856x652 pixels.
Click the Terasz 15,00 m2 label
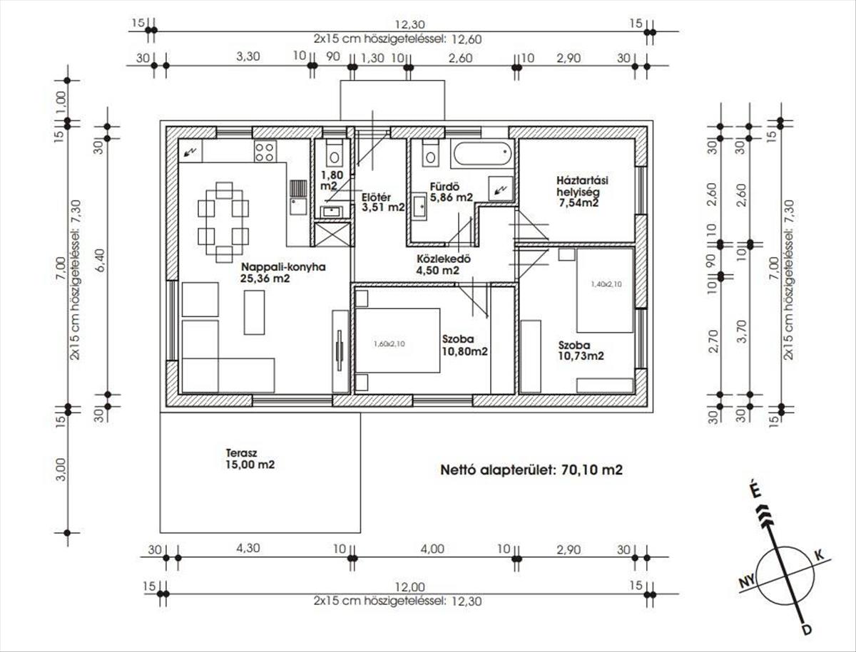250,459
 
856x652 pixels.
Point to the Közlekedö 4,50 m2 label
444,264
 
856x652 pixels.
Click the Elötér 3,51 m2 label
383,202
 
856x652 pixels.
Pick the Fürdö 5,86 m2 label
452,192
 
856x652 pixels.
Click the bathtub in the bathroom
482,155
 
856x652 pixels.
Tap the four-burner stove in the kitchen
265,152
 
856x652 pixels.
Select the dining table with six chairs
223,222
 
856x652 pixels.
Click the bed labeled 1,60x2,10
398,341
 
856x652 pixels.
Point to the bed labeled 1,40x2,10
605,291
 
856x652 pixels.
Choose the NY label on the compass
746,582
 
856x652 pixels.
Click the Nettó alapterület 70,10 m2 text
531,470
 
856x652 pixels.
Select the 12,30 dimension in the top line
409,25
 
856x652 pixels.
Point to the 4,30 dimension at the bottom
248,548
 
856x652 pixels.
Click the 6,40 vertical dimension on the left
100,260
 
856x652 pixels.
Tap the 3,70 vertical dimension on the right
742,331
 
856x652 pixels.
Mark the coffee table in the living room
254,312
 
